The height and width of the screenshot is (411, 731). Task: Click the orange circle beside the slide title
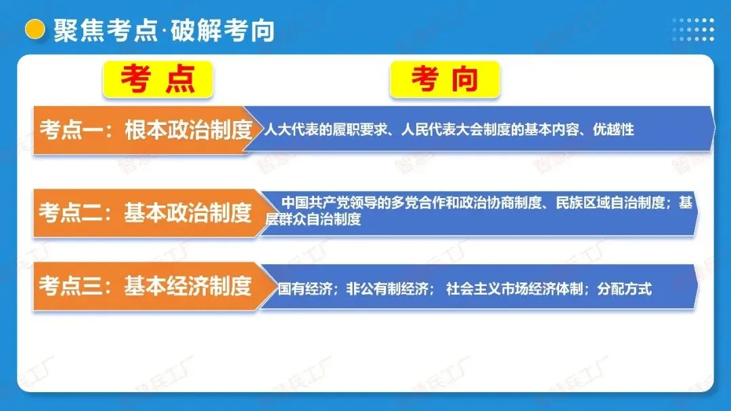(33, 28)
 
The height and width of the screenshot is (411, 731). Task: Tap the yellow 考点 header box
(158, 79)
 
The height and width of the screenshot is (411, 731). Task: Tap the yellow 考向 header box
(444, 79)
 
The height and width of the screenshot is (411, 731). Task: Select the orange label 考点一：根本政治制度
(145, 130)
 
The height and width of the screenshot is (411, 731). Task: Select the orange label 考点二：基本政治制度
(145, 214)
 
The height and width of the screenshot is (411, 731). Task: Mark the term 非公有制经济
(390, 289)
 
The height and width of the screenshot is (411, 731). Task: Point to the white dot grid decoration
(692, 30)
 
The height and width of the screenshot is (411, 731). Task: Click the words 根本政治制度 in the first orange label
(188, 130)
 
